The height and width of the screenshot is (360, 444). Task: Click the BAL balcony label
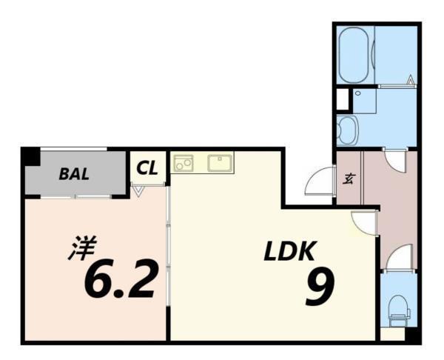point(74,175)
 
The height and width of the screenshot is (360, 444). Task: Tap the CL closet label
point(147,168)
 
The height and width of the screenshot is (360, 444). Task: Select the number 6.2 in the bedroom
point(121,280)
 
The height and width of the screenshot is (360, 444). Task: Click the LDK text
point(290,252)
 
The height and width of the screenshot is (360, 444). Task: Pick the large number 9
point(320,287)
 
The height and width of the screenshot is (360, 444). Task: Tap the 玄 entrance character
point(348,178)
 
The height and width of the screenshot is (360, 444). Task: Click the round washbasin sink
point(346,130)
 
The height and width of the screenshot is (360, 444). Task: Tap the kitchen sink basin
point(221,163)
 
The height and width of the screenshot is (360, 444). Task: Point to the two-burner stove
point(183,163)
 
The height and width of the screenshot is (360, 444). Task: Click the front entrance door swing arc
point(320,182)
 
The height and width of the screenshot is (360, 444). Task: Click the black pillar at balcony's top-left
point(30,157)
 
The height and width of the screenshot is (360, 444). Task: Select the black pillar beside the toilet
point(413,335)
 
